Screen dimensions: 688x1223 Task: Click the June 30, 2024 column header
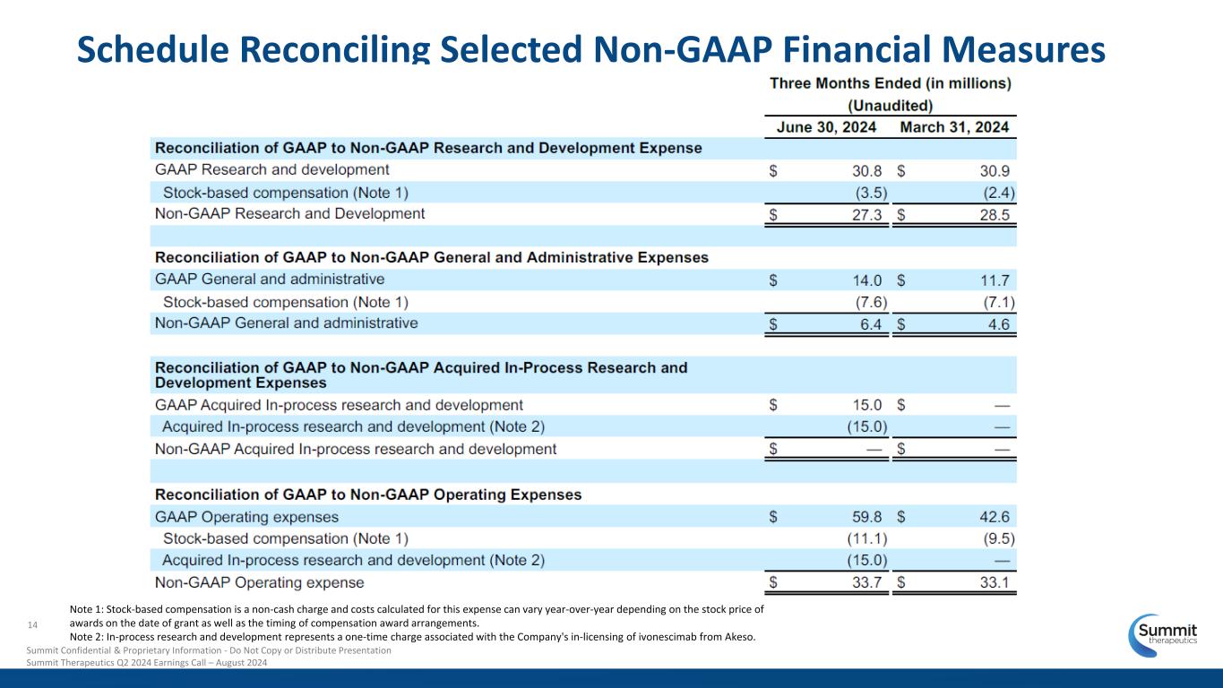point(825,127)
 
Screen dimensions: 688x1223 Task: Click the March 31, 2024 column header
point(954,127)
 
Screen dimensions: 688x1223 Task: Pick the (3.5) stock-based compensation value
point(866,193)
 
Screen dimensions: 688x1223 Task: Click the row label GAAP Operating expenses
point(247,517)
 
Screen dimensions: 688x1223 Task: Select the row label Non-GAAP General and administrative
point(287,323)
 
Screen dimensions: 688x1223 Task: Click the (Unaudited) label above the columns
point(891,105)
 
